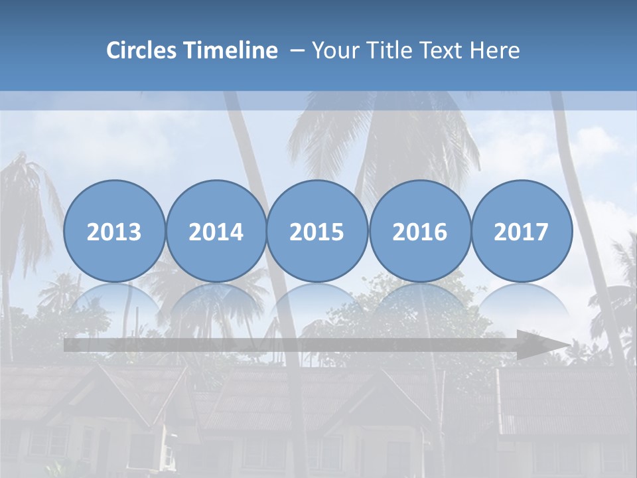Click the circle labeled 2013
pyautogui.click(x=114, y=231)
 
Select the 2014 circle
pyautogui.click(x=216, y=231)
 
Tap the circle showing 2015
pyautogui.click(x=317, y=231)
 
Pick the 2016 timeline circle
pyautogui.click(x=419, y=231)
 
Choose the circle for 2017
pyautogui.click(x=521, y=231)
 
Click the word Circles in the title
pyautogui.click(x=142, y=50)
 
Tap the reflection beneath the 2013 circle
pyautogui.click(x=114, y=302)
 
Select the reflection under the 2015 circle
pyautogui.click(x=317, y=302)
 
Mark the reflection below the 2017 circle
pyautogui.click(x=521, y=302)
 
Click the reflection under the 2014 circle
pyautogui.click(x=216, y=302)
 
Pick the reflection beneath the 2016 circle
pyautogui.click(x=419, y=302)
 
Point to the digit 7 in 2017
pyautogui.click(x=541, y=232)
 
